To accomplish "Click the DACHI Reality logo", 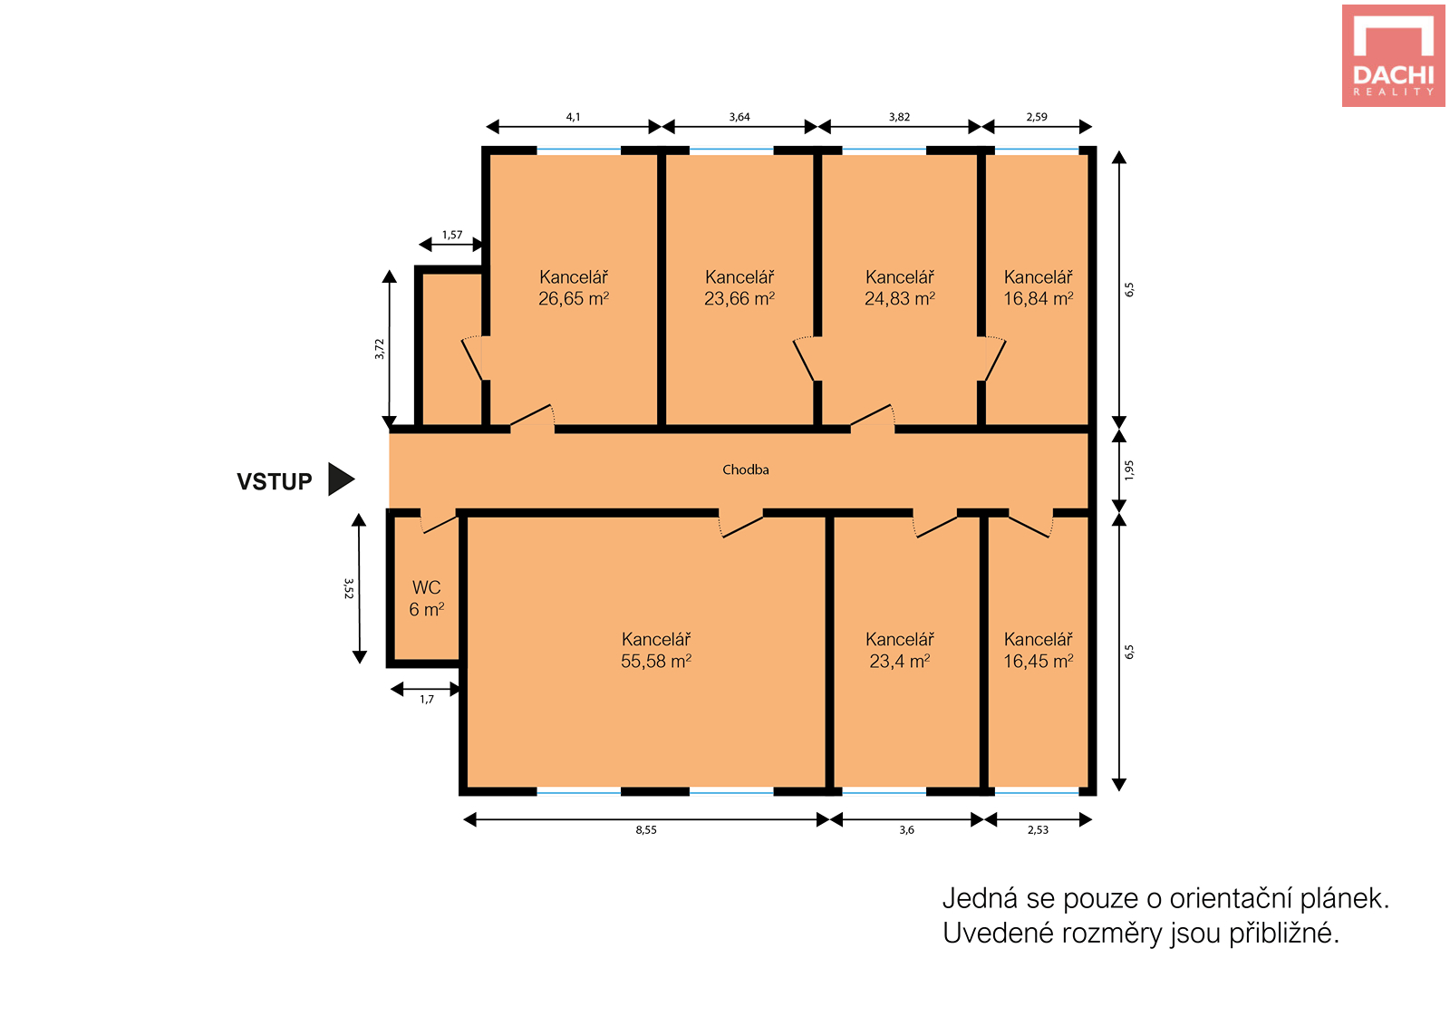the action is tap(1393, 55).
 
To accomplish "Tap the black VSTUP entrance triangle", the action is tap(341, 479).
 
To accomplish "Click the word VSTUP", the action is tap(275, 481).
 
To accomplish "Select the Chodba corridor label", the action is tap(746, 470).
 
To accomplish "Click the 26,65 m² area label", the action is tap(574, 298).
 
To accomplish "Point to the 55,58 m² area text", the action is tap(656, 661).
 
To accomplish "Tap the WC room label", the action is tap(427, 587).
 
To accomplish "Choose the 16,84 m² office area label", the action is tap(1039, 298).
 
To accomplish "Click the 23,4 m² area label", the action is tap(900, 661).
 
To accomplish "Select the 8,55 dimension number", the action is tap(646, 830).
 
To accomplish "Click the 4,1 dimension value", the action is tap(574, 117).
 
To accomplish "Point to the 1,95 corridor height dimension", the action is tap(1129, 470).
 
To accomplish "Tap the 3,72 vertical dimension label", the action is tap(380, 349).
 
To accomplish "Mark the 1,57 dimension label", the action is tap(452, 235).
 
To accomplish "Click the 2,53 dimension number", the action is tap(1038, 830).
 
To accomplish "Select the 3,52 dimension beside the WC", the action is tap(348, 588).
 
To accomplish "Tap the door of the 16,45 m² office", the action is tap(1029, 526).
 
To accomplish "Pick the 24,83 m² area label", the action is tap(900, 298).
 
